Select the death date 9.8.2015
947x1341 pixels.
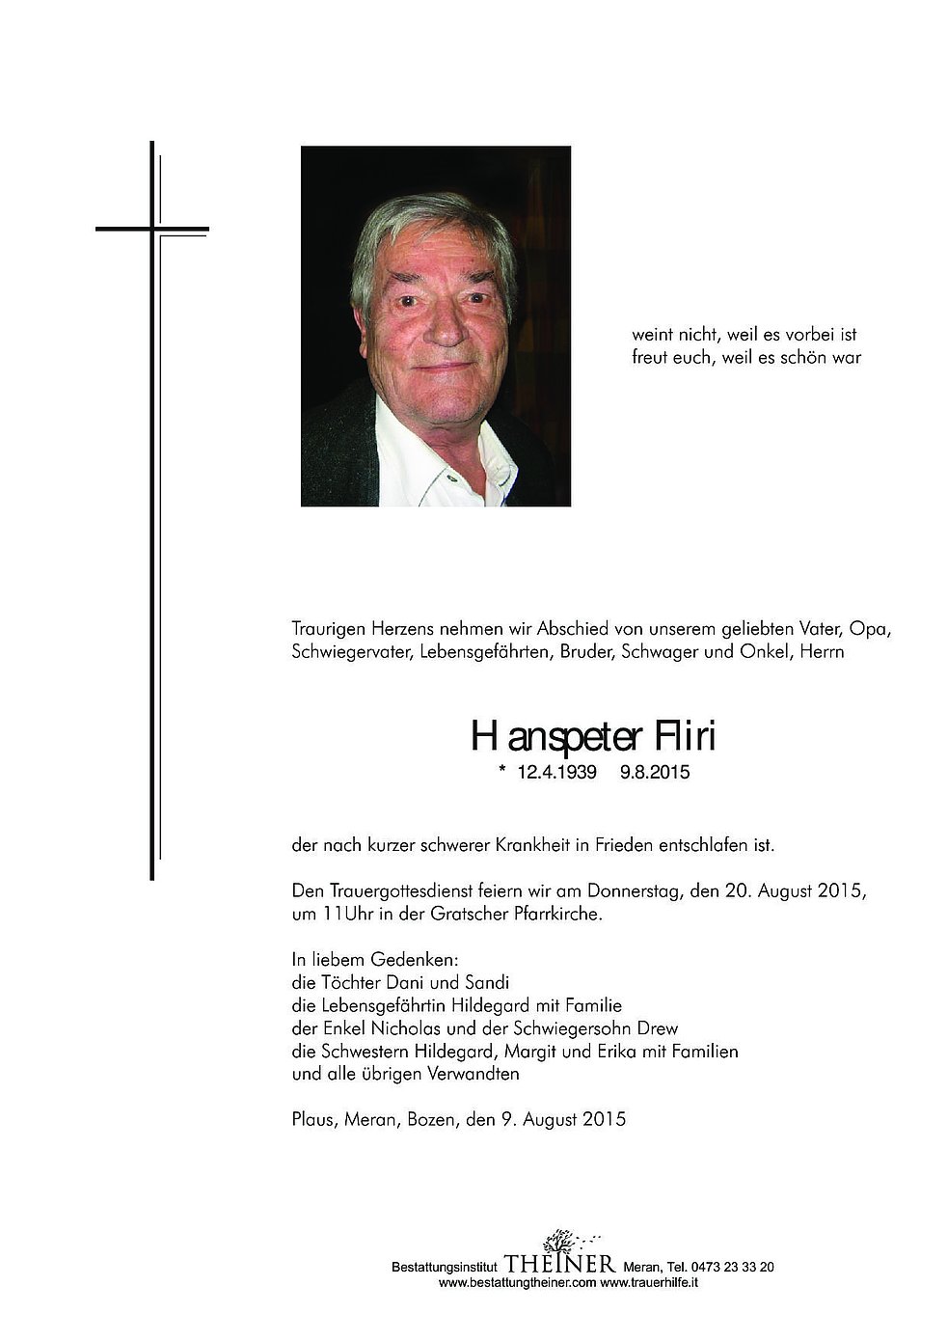point(656,773)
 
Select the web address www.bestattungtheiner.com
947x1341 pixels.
point(517,1283)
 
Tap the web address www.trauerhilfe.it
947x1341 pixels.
point(649,1283)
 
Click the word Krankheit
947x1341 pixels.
point(535,845)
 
